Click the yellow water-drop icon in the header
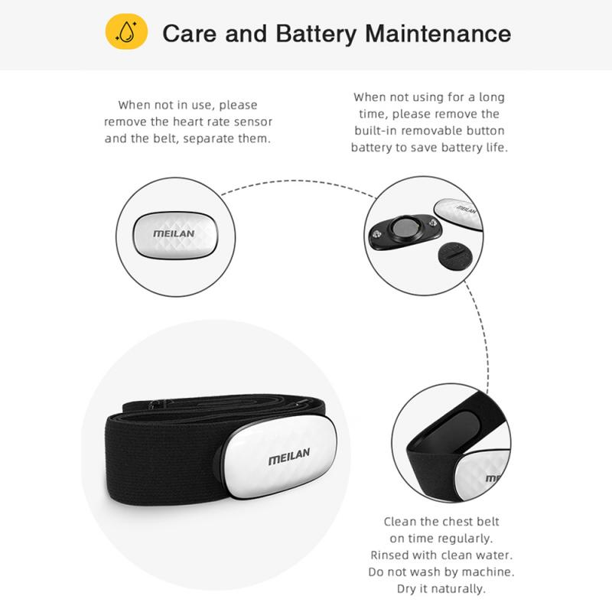(x=126, y=33)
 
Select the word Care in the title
(x=191, y=34)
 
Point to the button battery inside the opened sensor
(x=402, y=230)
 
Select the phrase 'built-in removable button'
(x=428, y=130)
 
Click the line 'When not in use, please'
(x=187, y=105)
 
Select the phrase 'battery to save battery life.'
(x=429, y=147)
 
